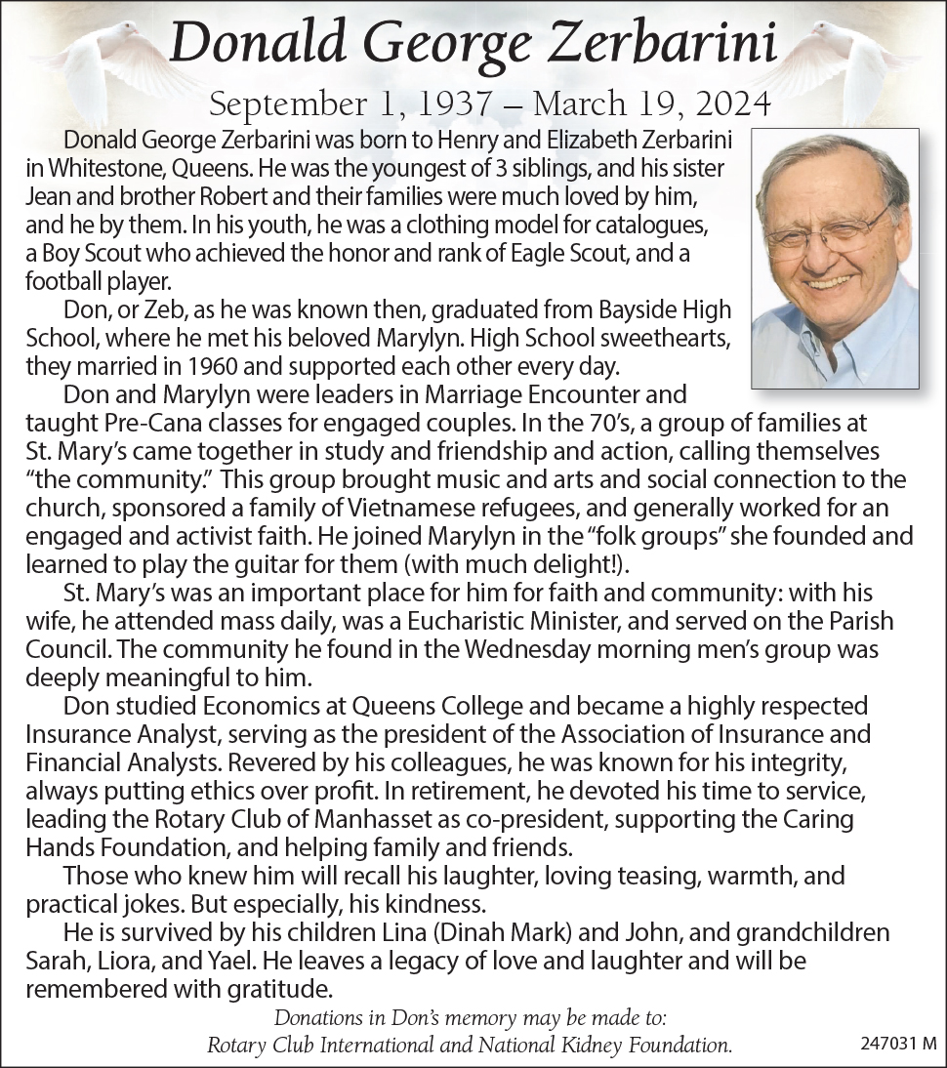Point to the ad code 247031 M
click(x=898, y=1044)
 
